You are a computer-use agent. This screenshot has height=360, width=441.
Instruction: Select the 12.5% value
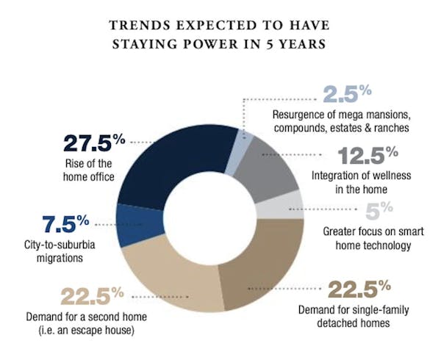[367, 156]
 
